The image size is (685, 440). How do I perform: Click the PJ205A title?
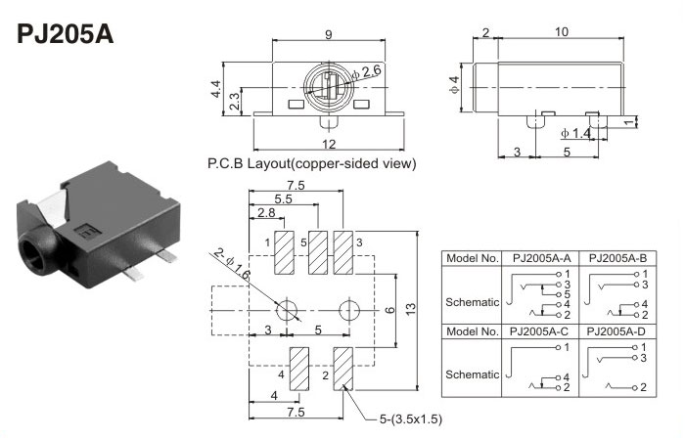[66, 34]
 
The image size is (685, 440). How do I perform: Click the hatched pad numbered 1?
[287, 254]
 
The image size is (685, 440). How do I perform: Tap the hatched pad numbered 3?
[343, 254]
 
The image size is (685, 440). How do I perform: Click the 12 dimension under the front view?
[329, 146]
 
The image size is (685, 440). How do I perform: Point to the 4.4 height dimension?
[217, 89]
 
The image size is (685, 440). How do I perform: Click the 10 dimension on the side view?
[562, 32]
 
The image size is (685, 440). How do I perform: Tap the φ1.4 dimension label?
[575, 133]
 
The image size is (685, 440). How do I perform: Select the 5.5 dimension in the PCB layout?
[284, 198]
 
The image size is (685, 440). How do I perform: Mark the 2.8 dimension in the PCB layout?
[265, 213]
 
